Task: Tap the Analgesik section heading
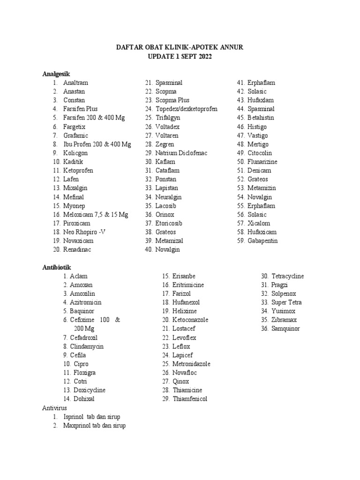pyautogui.click(x=56, y=74)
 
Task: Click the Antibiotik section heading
pyautogui.click(x=56, y=267)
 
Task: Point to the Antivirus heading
pyautogui.click(x=55, y=408)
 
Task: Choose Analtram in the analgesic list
pyautogui.click(x=75, y=83)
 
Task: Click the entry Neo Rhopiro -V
pyautogui.click(x=84, y=232)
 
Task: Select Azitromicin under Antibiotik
pyautogui.click(x=85, y=302)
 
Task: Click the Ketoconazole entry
pyautogui.click(x=190, y=320)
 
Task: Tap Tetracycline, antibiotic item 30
pyautogui.click(x=287, y=276)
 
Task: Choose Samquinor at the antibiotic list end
pyautogui.click(x=285, y=329)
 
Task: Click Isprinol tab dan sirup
pyautogui.click(x=94, y=417)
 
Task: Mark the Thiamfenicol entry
pyautogui.click(x=190, y=399)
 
